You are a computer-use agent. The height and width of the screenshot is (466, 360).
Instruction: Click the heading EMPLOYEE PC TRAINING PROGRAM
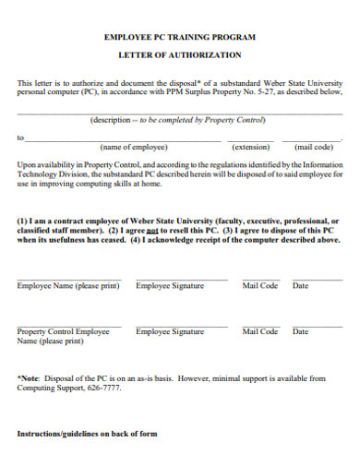click(180, 38)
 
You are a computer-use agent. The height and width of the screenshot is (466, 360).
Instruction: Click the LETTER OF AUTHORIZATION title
click(180, 55)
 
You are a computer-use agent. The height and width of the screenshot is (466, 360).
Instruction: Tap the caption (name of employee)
click(133, 147)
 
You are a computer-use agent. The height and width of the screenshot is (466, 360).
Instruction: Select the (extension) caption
click(249, 147)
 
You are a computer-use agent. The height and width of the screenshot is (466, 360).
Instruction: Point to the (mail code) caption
click(313, 147)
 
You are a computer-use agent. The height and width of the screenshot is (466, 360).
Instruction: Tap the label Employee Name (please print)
click(68, 286)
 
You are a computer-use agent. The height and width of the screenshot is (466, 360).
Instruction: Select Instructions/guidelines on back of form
click(88, 434)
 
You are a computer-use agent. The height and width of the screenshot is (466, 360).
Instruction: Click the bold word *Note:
click(29, 377)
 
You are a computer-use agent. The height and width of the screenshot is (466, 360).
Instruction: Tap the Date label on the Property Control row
click(300, 331)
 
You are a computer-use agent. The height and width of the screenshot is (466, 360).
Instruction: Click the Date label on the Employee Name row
click(300, 286)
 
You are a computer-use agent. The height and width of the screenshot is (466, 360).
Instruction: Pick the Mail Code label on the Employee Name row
click(259, 286)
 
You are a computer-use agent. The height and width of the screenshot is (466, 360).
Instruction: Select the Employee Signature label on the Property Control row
click(170, 331)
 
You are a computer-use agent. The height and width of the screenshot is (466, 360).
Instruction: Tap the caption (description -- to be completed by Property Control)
click(176, 120)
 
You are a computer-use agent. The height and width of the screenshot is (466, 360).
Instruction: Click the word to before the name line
click(20, 138)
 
